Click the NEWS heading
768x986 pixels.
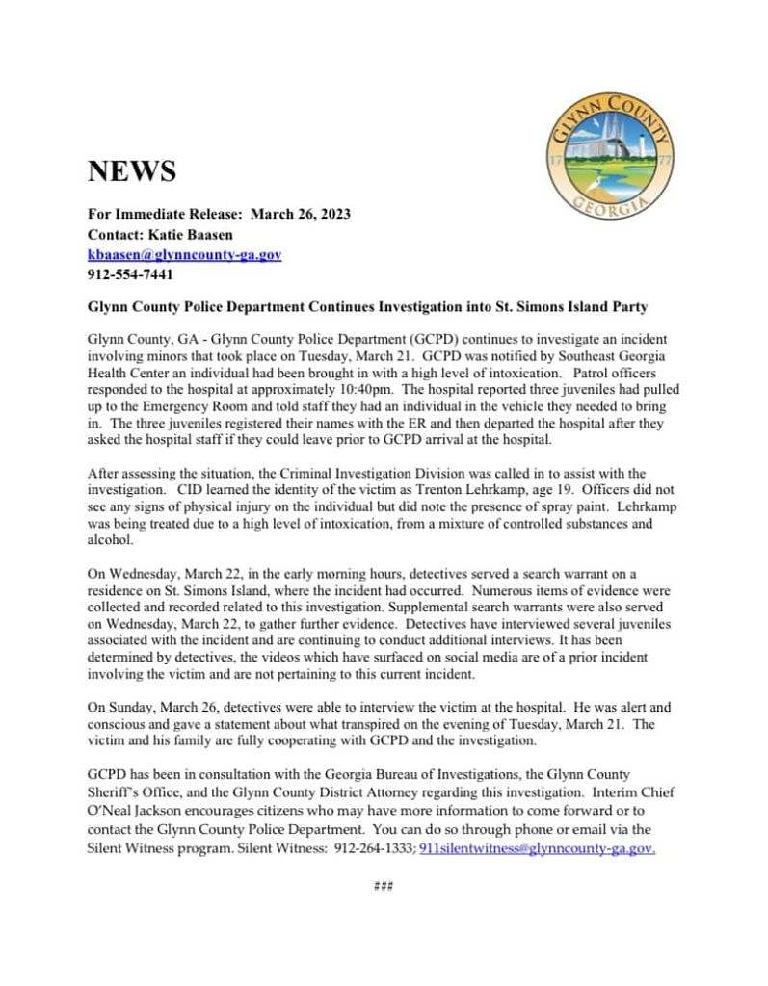[x=132, y=172]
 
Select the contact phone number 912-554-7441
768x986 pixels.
[x=130, y=275]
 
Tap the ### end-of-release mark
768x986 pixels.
[x=384, y=886]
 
